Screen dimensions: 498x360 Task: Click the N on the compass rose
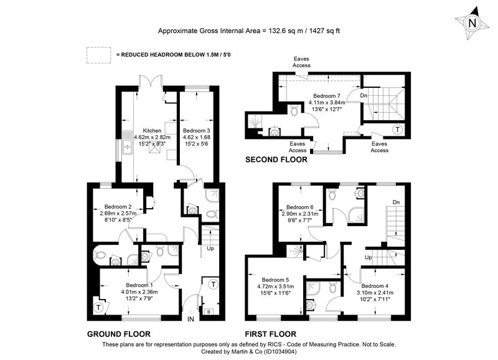(472, 23)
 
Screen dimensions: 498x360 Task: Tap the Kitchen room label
(152, 131)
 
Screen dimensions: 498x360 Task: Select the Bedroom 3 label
(196, 131)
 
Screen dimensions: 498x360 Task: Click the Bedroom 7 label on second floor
(326, 96)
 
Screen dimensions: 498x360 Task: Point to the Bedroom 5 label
(275, 280)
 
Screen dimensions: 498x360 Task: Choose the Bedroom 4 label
(375, 286)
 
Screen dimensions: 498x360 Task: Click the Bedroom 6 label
(300, 207)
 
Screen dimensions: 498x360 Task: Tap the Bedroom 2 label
(118, 207)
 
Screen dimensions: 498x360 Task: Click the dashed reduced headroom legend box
(99, 55)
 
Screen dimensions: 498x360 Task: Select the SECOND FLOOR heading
(276, 159)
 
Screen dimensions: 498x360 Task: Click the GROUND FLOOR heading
(119, 334)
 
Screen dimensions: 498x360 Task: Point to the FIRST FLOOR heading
(271, 334)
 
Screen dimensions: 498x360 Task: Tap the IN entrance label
(190, 319)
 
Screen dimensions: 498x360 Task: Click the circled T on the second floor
(397, 130)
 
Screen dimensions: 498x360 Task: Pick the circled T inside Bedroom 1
(98, 308)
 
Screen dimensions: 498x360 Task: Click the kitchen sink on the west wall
(128, 147)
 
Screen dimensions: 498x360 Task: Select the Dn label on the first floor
(396, 202)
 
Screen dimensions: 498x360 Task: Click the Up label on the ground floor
(210, 249)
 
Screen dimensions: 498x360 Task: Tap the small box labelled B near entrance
(209, 311)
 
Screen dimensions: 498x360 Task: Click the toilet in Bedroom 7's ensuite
(294, 110)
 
